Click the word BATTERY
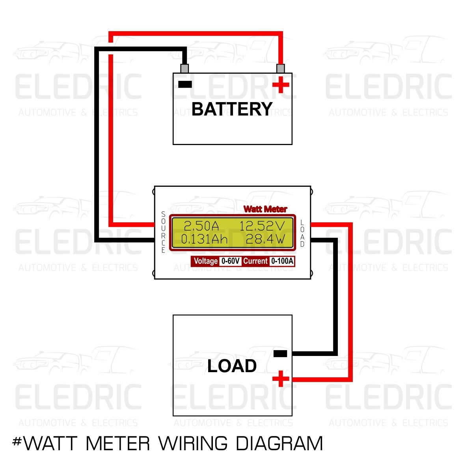tap(232, 109)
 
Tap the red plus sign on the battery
tap(281, 84)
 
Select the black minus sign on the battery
tap(185, 84)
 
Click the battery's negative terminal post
tap(184, 68)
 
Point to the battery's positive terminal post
tap(281, 68)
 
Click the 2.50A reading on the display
tap(201, 226)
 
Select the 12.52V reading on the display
tap(262, 226)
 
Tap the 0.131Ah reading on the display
tap(204, 239)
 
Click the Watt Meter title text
tap(265, 209)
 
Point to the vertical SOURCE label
tap(163, 232)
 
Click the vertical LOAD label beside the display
tap(302, 233)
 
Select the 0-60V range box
tap(230, 261)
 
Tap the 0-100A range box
tap(282, 261)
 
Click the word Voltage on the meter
tap(205, 261)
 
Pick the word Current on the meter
tap(255, 261)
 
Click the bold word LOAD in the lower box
tap(232, 366)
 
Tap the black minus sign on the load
tap(280, 354)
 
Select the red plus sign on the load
tap(281, 379)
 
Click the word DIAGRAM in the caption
tap(279, 444)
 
